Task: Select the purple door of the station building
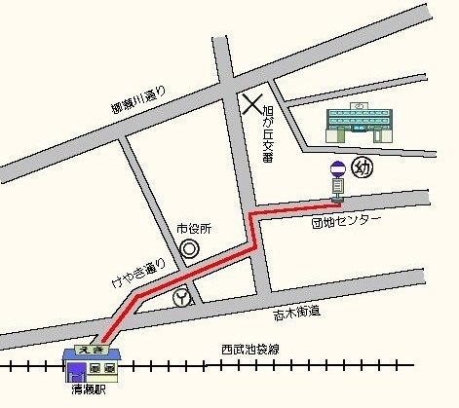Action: (75, 371)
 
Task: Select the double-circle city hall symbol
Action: (190, 249)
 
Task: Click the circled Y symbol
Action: (181, 299)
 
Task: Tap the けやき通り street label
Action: (141, 274)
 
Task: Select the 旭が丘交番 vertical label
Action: (269, 134)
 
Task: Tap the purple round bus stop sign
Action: (336, 168)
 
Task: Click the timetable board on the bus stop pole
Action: (336, 184)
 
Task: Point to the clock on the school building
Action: (360, 106)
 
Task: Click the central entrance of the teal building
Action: (359, 127)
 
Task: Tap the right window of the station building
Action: (109, 369)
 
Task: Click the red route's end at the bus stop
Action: (336, 203)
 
